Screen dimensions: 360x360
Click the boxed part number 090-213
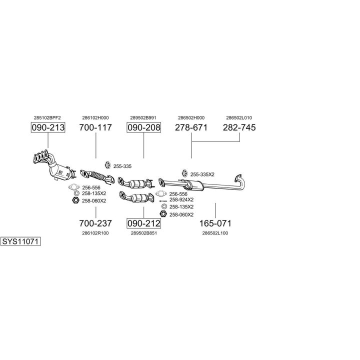48,127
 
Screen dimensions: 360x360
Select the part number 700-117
95,127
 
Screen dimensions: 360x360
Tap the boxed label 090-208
144,127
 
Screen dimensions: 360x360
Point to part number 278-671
191,127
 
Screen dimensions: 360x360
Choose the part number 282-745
239,127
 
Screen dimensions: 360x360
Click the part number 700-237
95,223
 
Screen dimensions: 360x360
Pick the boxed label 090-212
144,223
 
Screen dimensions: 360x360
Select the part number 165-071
215,223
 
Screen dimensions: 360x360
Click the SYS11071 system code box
20,241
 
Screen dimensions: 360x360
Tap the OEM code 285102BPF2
47,118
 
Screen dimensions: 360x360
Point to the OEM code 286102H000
95,118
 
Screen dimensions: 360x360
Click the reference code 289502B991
143,118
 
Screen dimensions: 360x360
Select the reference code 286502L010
239,118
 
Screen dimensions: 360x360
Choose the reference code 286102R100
95,233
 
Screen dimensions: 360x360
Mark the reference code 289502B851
143,233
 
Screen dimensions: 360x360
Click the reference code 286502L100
215,233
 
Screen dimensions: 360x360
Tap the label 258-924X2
181,199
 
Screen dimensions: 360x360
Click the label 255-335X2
202,174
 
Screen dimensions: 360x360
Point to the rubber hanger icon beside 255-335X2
183,173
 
